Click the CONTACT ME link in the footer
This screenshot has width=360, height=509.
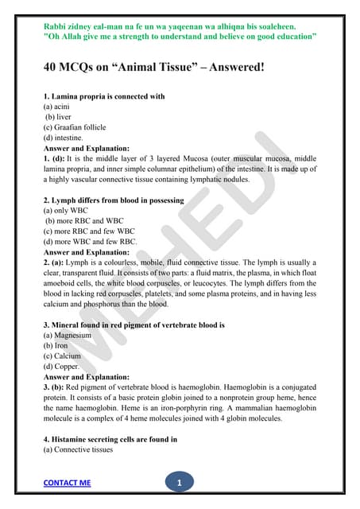tap(67, 483)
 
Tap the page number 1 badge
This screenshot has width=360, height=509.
tap(180, 482)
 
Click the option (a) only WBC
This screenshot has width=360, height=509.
tap(66, 211)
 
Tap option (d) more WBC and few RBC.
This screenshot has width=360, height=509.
tap(91, 242)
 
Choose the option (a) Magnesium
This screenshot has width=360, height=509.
tap(68, 336)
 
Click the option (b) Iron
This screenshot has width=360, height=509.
tap(56, 346)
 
